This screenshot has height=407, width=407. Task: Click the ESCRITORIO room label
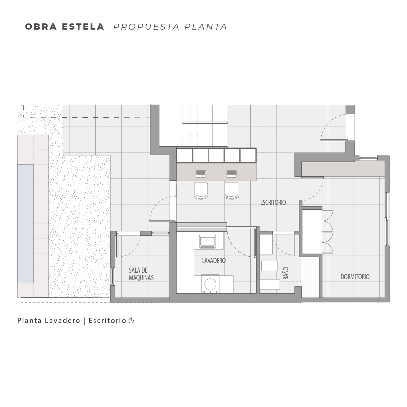273,202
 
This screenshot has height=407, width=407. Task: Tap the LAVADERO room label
214,261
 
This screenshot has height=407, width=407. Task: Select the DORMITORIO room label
355,277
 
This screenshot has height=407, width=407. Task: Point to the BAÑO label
286,273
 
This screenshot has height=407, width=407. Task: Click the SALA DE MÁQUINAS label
141,274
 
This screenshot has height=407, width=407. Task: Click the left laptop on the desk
201,174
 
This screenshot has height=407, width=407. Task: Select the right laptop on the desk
231,174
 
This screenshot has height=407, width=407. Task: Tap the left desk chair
201,190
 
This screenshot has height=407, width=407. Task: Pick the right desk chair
231,190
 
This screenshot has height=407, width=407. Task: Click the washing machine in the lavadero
210,284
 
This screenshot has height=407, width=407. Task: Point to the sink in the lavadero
207,242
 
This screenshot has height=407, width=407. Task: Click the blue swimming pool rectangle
25,223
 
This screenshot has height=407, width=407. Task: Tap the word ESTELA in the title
83,27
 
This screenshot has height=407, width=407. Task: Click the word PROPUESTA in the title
147,27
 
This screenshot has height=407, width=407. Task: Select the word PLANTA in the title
206,27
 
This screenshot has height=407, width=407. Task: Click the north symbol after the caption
131,321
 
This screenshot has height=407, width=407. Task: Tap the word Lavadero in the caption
62,321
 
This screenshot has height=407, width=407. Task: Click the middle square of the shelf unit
216,155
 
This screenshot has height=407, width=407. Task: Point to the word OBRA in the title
41,27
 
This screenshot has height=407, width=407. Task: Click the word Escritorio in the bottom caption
107,321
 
